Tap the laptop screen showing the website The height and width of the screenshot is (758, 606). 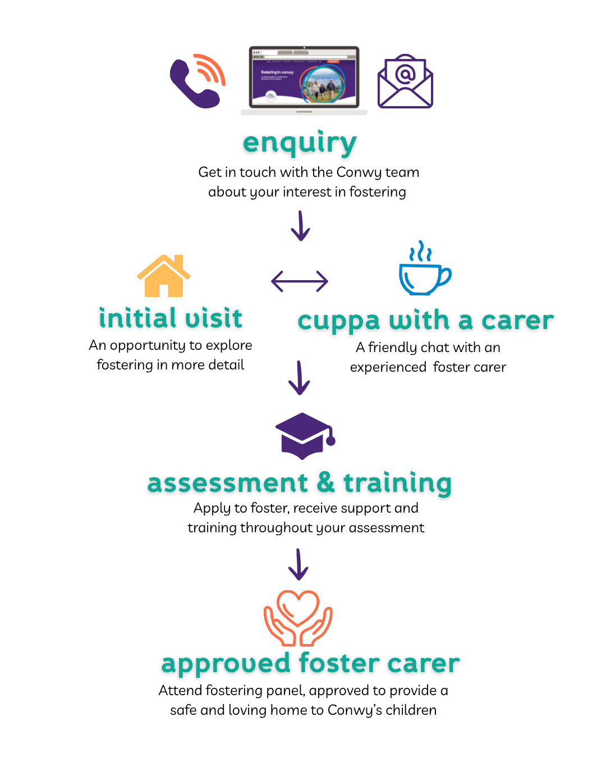click(x=304, y=77)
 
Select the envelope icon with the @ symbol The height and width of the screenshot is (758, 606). click(x=405, y=81)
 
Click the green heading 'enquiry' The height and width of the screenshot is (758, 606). click(x=300, y=143)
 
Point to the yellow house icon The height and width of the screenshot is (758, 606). click(x=164, y=276)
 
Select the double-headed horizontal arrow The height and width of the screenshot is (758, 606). click(x=300, y=281)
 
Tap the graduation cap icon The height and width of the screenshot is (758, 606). click(x=305, y=436)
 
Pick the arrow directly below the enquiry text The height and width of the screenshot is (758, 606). click(x=300, y=226)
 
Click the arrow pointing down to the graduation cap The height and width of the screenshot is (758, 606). click(x=299, y=378)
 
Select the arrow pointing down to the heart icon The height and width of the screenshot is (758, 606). click(x=299, y=564)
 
